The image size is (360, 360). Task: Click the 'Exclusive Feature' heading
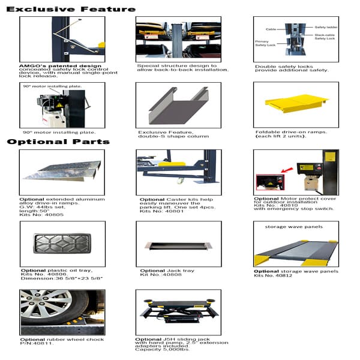(71, 9)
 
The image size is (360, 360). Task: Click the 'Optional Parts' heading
(58, 142)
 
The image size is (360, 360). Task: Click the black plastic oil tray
(62, 244)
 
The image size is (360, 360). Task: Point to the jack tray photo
(178, 247)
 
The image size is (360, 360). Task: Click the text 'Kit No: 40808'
(158, 275)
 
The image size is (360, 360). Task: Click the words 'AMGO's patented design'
(51, 65)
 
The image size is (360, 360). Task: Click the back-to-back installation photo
(178, 39)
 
